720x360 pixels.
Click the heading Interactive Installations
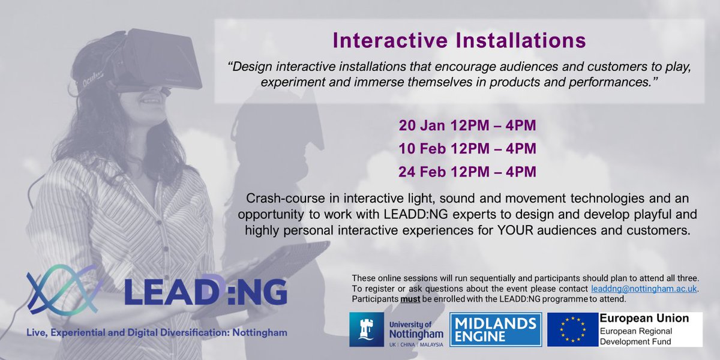(x=459, y=41)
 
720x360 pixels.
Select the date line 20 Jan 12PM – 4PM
(x=467, y=127)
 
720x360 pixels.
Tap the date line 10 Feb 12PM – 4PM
(x=467, y=149)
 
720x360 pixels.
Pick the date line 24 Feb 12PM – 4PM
(x=467, y=172)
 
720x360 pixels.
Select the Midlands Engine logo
(x=496, y=329)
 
